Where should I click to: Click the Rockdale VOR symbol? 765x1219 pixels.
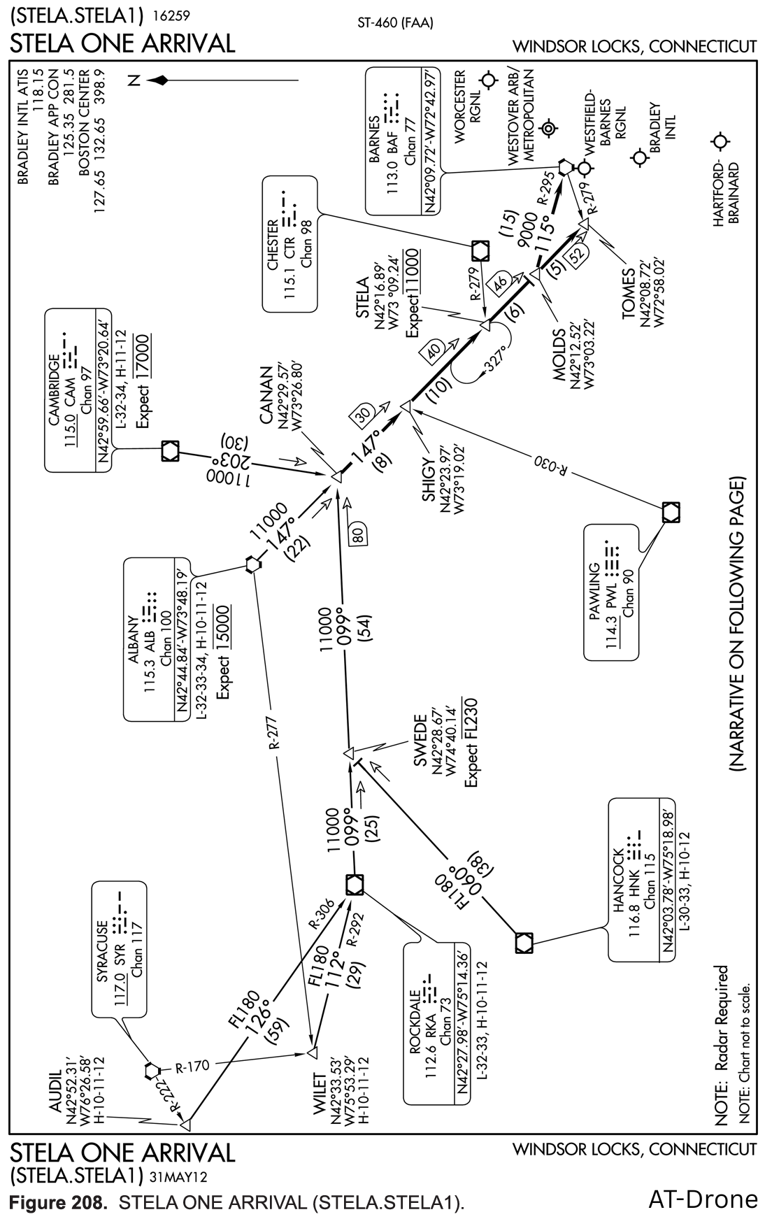(x=355, y=884)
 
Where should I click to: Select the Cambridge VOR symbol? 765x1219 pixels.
(x=170, y=450)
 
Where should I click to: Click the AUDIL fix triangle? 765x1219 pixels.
(x=186, y=1125)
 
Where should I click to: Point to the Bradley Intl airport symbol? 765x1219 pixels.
(x=638, y=158)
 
